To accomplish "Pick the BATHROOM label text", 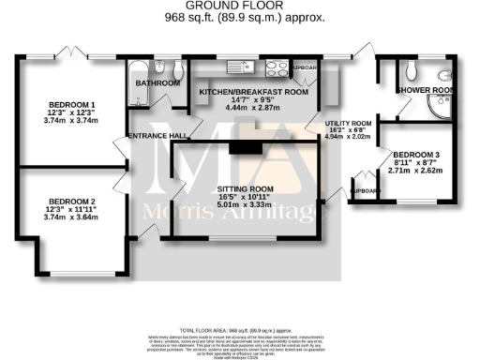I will tap(157, 83).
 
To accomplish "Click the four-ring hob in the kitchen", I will tap(277, 67).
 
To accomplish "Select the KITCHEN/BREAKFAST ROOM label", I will tap(253, 92).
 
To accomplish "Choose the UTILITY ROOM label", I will tap(348, 123).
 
